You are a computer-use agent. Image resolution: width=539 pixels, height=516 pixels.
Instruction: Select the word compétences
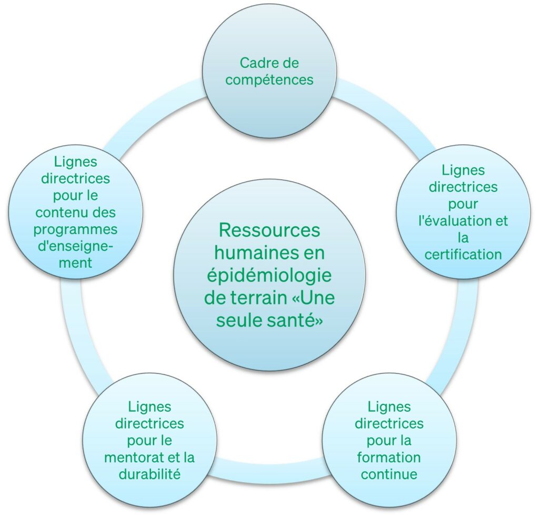(269, 80)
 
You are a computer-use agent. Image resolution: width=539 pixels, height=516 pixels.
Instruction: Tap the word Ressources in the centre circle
(269, 230)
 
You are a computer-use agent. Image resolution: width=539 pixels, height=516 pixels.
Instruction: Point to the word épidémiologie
(269, 276)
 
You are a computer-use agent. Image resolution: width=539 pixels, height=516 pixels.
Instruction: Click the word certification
(463, 255)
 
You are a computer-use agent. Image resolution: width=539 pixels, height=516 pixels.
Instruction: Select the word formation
(389, 457)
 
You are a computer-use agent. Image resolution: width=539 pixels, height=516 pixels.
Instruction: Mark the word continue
(389, 474)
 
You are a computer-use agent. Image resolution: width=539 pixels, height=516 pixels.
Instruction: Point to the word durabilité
(149, 474)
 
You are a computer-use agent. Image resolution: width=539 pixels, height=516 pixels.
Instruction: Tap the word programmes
(76, 230)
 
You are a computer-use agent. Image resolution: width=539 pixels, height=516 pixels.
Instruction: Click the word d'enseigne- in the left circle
(76, 247)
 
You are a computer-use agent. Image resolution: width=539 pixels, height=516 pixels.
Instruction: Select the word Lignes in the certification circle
(463, 171)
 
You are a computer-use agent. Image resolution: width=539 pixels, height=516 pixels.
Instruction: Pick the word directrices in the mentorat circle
(149, 423)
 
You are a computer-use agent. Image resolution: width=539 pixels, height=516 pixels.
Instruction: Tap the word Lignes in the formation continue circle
(389, 407)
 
